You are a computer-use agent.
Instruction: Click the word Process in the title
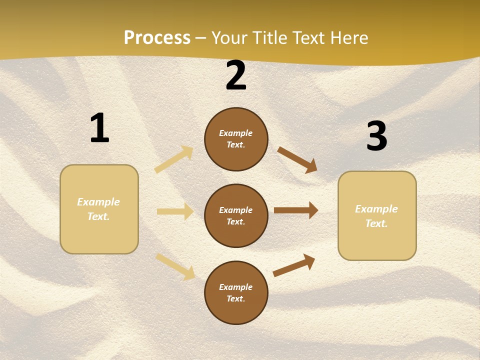[157, 38]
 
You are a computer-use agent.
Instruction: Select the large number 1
[99, 128]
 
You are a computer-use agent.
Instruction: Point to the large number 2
[236, 76]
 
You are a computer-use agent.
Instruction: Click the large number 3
[376, 136]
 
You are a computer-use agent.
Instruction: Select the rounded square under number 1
[99, 209]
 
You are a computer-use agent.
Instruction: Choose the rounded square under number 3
[377, 215]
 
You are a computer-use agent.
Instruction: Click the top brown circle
[236, 139]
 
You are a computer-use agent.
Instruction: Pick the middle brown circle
[236, 215]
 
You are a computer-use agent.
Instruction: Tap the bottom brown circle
[236, 292]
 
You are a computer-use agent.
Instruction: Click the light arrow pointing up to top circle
[174, 159]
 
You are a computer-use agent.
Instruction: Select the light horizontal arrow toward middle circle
[175, 211]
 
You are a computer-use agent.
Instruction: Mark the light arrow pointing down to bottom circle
[175, 266]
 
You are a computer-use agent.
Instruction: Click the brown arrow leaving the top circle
[297, 159]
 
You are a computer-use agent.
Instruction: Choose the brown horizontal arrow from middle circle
[295, 210]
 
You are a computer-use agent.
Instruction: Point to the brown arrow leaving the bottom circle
[294, 265]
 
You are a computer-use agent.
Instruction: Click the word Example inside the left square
[98, 202]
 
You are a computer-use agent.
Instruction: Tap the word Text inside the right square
[376, 223]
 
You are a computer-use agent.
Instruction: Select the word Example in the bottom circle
[235, 287]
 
